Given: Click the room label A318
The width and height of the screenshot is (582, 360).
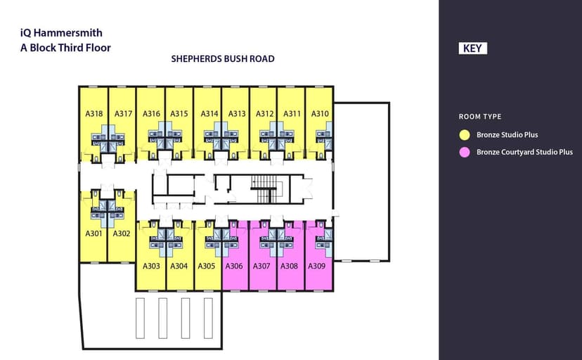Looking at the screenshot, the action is pyautogui.click(x=94, y=114).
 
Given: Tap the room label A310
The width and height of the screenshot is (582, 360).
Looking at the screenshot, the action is pyautogui.click(x=320, y=114).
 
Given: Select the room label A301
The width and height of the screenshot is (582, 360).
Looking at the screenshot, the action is pyautogui.click(x=93, y=233).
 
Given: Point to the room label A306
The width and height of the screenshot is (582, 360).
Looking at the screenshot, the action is pyautogui.click(x=234, y=266).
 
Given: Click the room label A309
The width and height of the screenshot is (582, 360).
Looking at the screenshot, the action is pyautogui.click(x=316, y=266).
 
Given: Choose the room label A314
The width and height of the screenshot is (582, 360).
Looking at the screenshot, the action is pyautogui.click(x=209, y=114).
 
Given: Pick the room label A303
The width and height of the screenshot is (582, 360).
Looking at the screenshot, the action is pyautogui.click(x=151, y=266).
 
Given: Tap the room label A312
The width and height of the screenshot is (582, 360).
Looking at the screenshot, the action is pyautogui.click(x=265, y=114).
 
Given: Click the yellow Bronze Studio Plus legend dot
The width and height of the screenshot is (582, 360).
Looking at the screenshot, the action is pyautogui.click(x=465, y=135).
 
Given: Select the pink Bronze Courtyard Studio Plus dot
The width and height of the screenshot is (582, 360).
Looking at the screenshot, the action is pyautogui.click(x=465, y=152).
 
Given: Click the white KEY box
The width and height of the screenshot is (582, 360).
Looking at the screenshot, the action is pyautogui.click(x=472, y=49).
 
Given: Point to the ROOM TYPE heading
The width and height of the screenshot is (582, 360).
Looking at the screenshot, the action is pyautogui.click(x=480, y=117).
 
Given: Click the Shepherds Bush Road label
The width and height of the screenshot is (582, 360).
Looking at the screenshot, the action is pyautogui.click(x=223, y=58).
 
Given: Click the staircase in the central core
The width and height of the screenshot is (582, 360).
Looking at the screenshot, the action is pyautogui.click(x=264, y=189).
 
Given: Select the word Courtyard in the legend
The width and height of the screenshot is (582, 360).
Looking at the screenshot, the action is pyautogui.click(x=517, y=152).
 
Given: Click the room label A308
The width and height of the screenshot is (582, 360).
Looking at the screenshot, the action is pyautogui.click(x=289, y=266).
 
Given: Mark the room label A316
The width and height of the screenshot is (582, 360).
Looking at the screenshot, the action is pyautogui.click(x=151, y=114).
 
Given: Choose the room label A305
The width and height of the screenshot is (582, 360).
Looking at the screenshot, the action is pyautogui.click(x=207, y=266).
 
